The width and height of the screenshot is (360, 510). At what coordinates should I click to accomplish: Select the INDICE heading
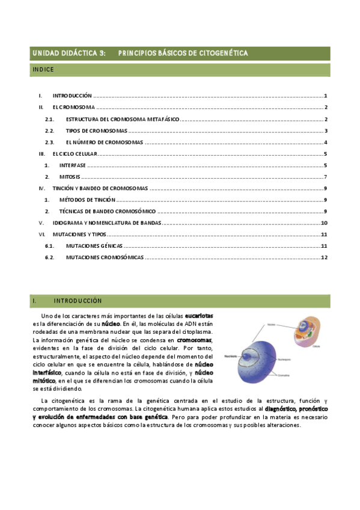[43, 70]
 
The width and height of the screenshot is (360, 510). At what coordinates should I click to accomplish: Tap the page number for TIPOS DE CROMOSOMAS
[325, 131]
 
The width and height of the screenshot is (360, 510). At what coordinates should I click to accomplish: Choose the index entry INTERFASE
[72, 165]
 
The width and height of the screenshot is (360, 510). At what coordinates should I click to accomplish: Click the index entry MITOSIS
[69, 177]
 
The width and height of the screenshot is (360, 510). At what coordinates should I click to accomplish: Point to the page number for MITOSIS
[325, 177]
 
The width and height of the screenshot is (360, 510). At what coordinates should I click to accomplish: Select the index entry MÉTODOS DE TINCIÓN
[87, 200]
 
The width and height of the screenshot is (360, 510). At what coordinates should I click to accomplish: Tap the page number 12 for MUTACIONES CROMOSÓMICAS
[324, 257]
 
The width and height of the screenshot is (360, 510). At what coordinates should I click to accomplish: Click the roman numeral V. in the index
[41, 223]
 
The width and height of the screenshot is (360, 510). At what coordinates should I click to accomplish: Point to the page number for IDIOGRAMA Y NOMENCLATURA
[324, 223]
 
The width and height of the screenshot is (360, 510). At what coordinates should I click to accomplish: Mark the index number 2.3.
[50, 143]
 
